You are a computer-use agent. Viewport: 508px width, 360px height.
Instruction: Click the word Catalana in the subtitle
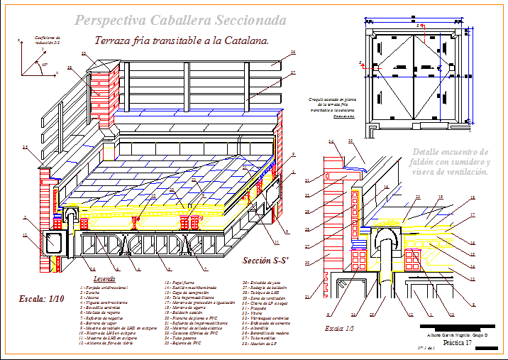[x=246, y=41]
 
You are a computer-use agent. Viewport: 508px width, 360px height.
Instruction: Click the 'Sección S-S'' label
[x=265, y=261]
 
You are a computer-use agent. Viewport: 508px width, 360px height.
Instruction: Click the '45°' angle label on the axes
[x=45, y=64]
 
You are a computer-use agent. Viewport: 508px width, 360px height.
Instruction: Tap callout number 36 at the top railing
[x=293, y=53]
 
